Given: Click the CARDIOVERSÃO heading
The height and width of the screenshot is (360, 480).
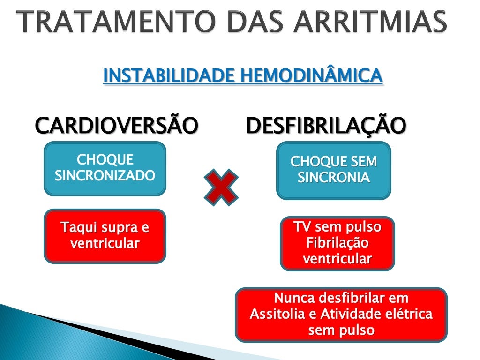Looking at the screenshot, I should click(116, 126).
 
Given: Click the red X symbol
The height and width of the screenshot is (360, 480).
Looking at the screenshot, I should click(221, 187).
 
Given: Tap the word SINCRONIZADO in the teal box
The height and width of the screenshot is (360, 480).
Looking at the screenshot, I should click(105, 175).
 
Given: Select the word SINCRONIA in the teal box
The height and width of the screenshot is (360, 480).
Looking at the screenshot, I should click(333, 178).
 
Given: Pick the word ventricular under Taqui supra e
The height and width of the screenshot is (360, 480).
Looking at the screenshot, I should click(105, 243).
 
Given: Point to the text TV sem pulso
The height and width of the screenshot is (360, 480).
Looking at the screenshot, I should click(337, 227).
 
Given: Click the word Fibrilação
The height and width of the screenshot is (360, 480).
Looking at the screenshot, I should click(337, 243).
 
